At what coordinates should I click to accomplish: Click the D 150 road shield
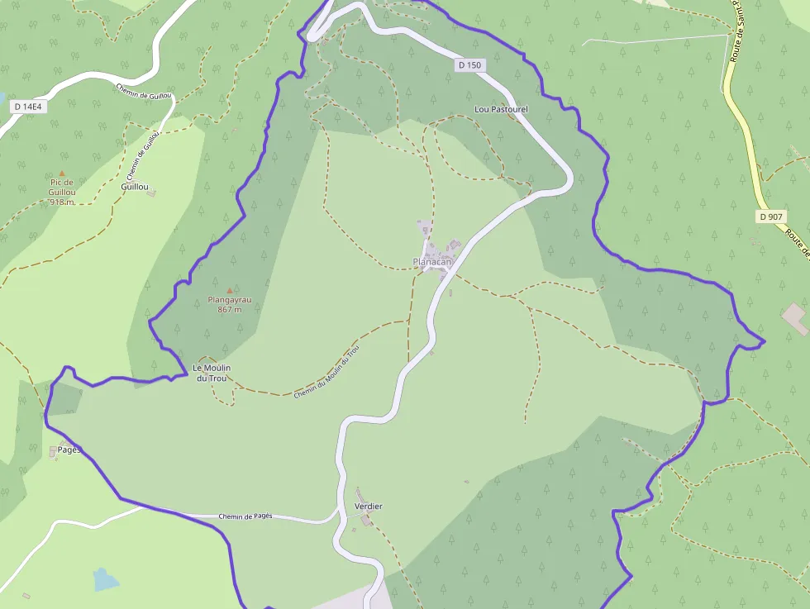469,64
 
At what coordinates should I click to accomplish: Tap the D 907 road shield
771,216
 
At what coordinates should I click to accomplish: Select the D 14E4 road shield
27,107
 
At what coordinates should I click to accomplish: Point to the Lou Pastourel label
501,109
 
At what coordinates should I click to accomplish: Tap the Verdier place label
368,506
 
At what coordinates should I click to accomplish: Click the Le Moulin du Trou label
211,373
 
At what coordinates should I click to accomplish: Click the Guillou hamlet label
134,187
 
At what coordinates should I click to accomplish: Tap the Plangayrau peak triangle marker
229,290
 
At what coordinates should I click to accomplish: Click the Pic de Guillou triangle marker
61,173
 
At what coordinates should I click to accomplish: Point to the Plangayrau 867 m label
229,305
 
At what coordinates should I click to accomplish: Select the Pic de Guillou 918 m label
61,192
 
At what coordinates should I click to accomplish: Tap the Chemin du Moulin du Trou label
326,372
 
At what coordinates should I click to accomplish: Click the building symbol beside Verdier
366,520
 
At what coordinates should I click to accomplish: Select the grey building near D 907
795,319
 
